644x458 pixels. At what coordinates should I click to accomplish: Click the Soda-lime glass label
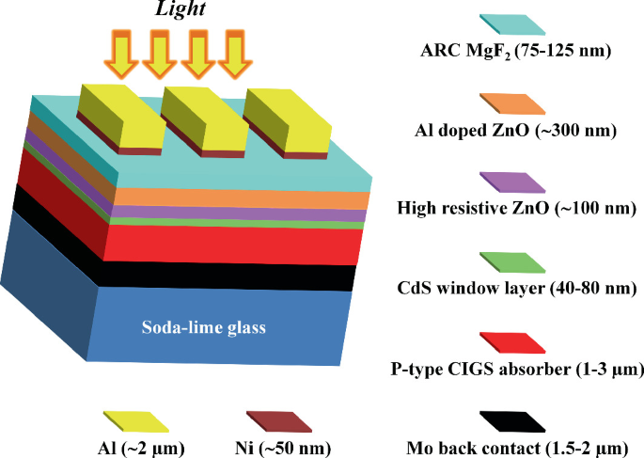point(204,328)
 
